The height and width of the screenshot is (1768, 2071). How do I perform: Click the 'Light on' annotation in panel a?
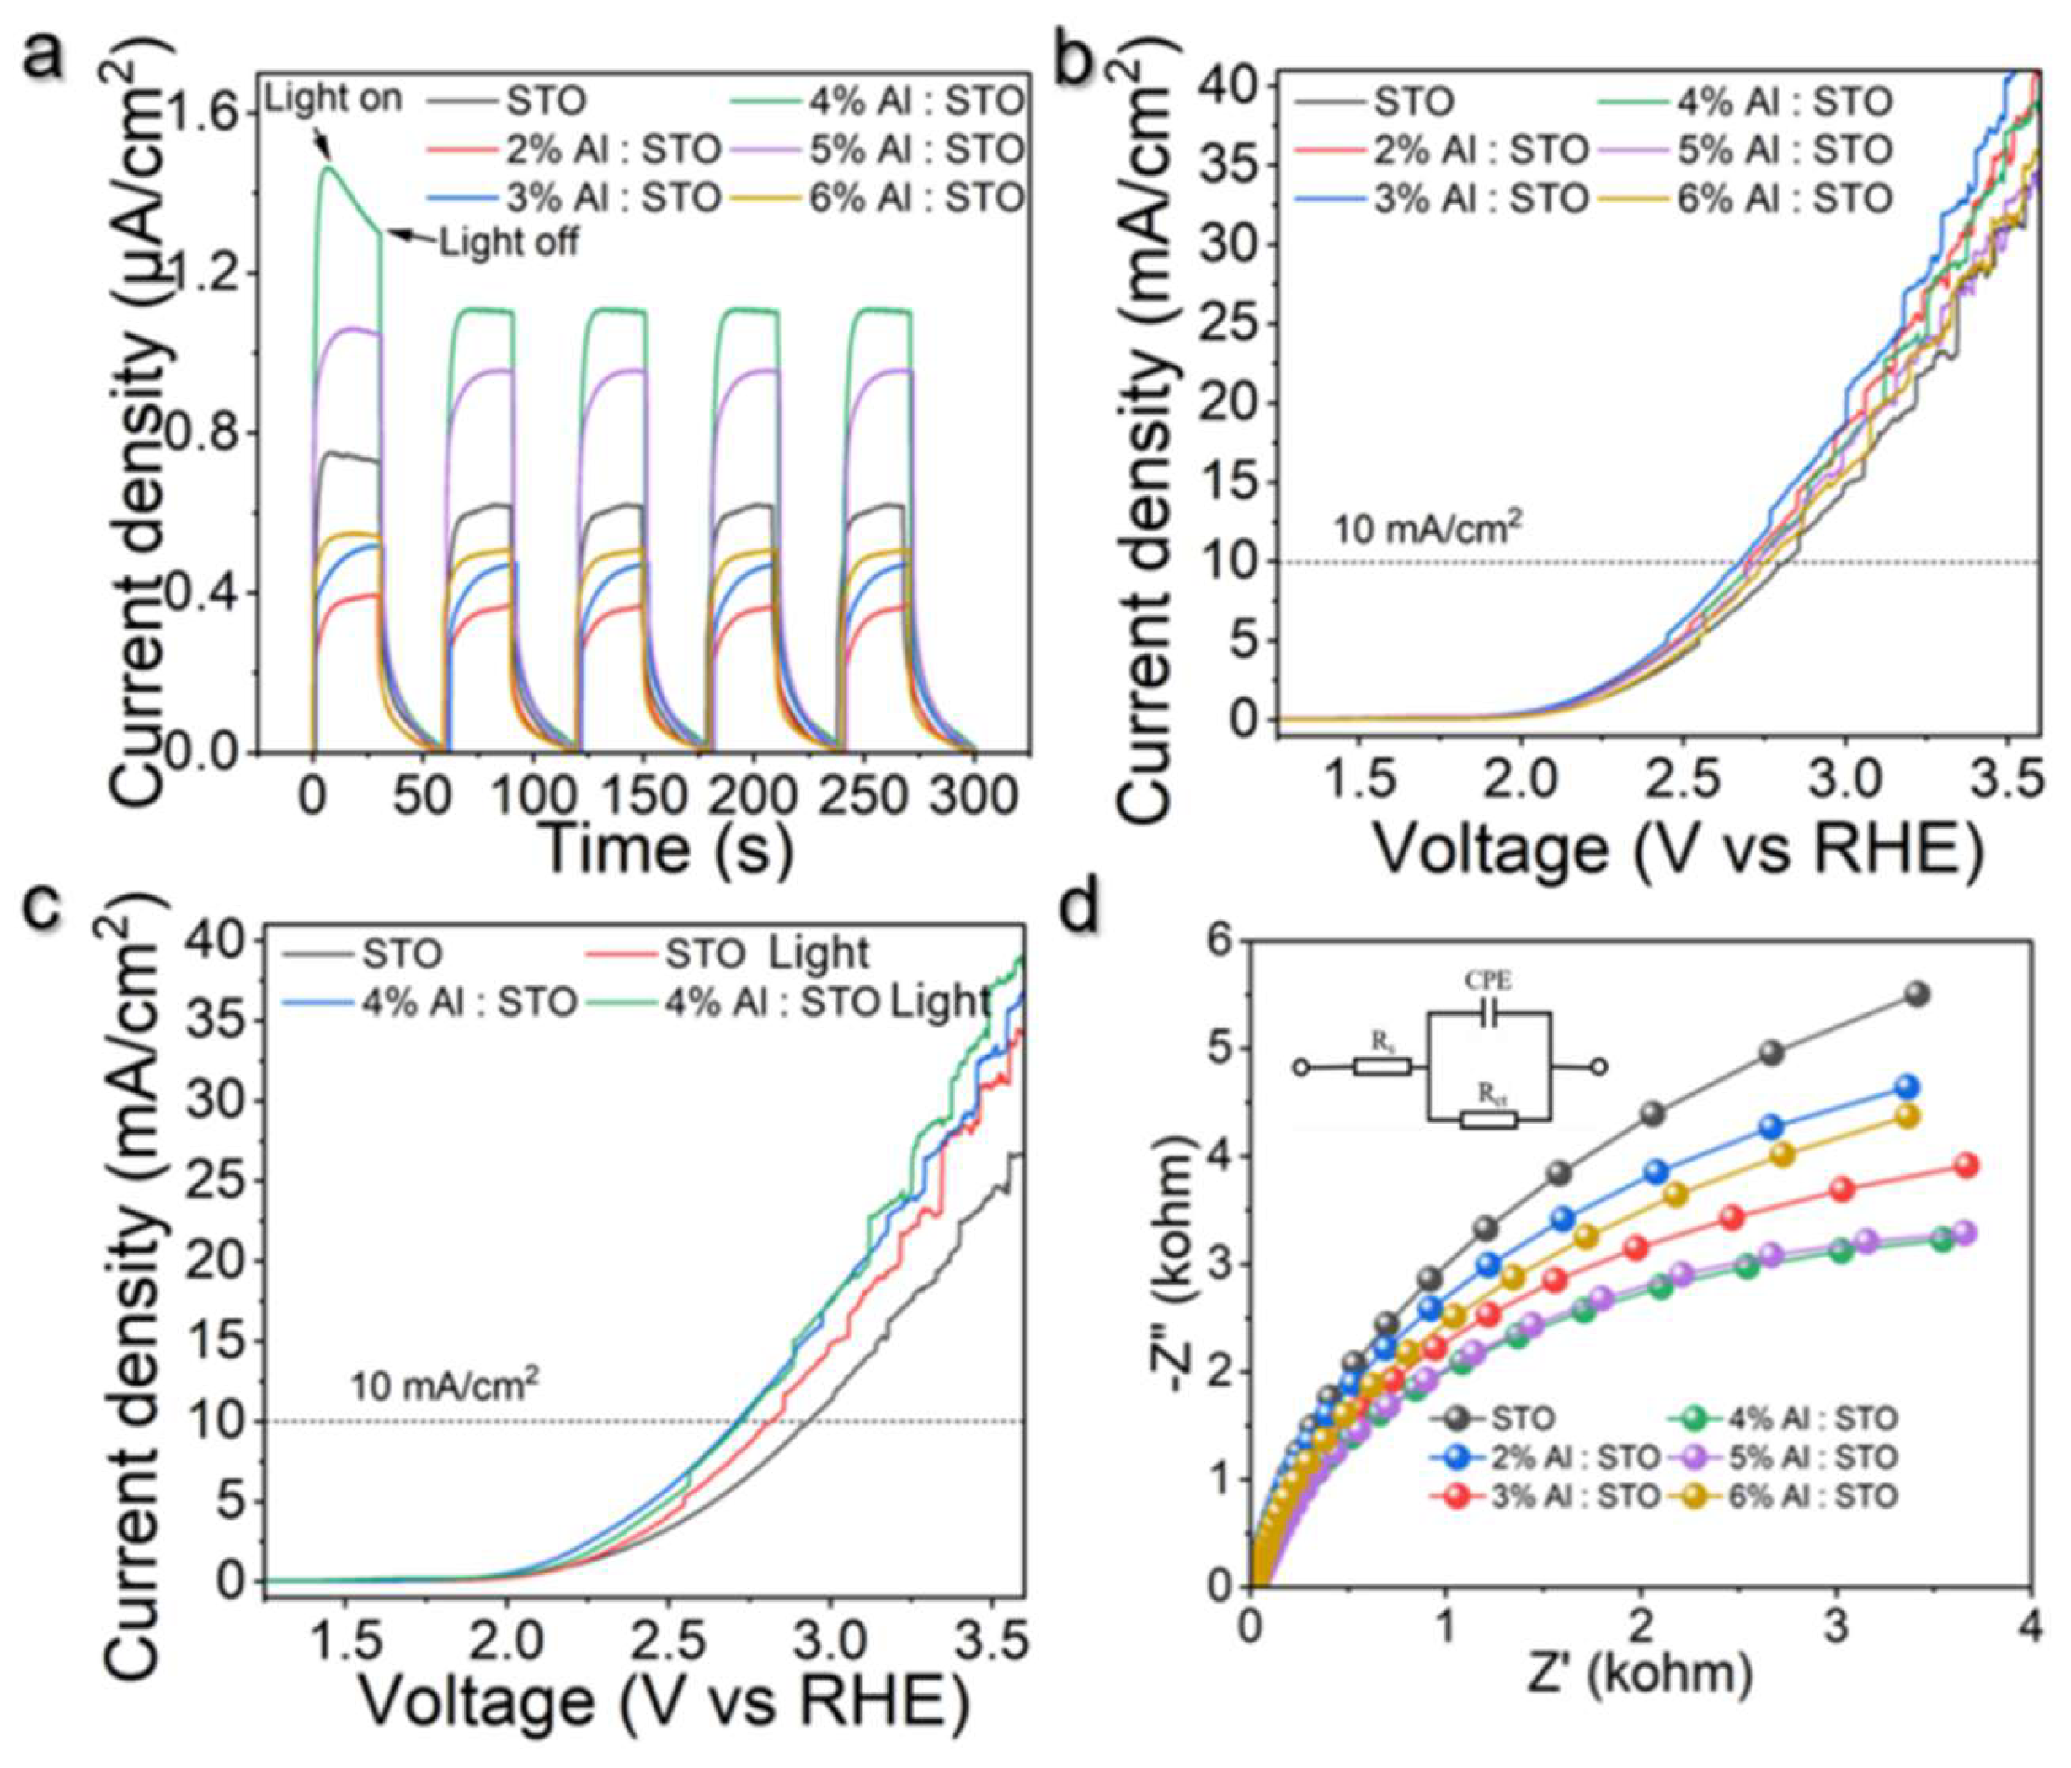[x=334, y=99]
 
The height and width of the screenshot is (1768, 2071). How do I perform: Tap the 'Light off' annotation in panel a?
[x=509, y=242]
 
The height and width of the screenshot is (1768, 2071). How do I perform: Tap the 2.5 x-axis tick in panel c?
[x=678, y=1641]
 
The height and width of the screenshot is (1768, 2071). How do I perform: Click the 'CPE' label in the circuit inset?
[x=1487, y=981]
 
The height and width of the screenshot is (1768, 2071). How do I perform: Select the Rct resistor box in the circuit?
[x=1488, y=1119]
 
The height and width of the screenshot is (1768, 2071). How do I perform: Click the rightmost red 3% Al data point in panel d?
[x=1966, y=1164]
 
